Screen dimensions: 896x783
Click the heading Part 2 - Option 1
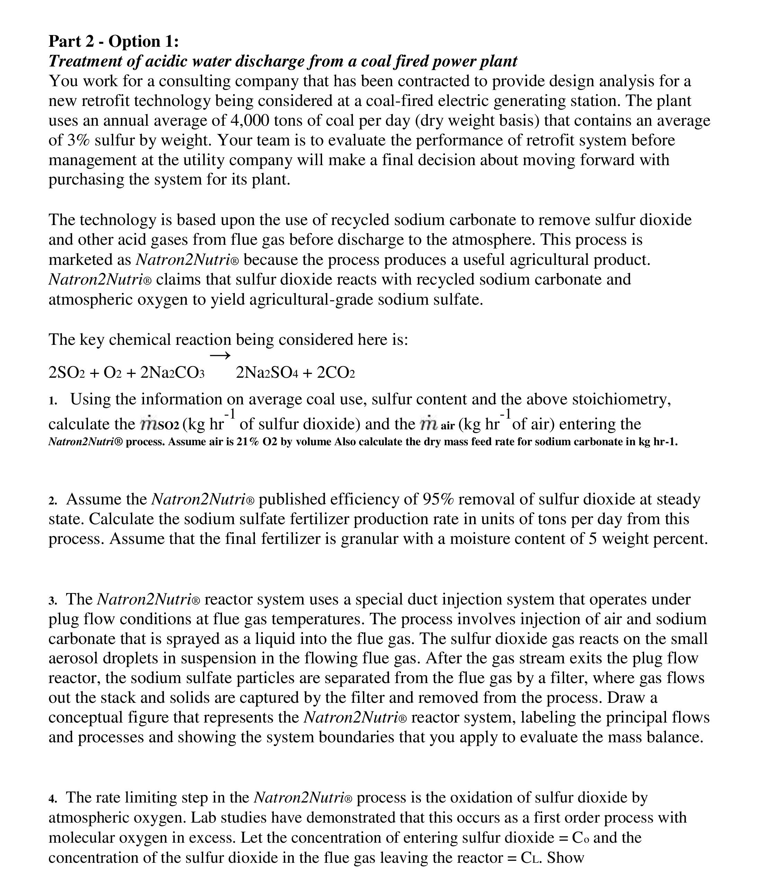coord(114,42)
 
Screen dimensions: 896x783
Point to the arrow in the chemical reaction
coord(220,356)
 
